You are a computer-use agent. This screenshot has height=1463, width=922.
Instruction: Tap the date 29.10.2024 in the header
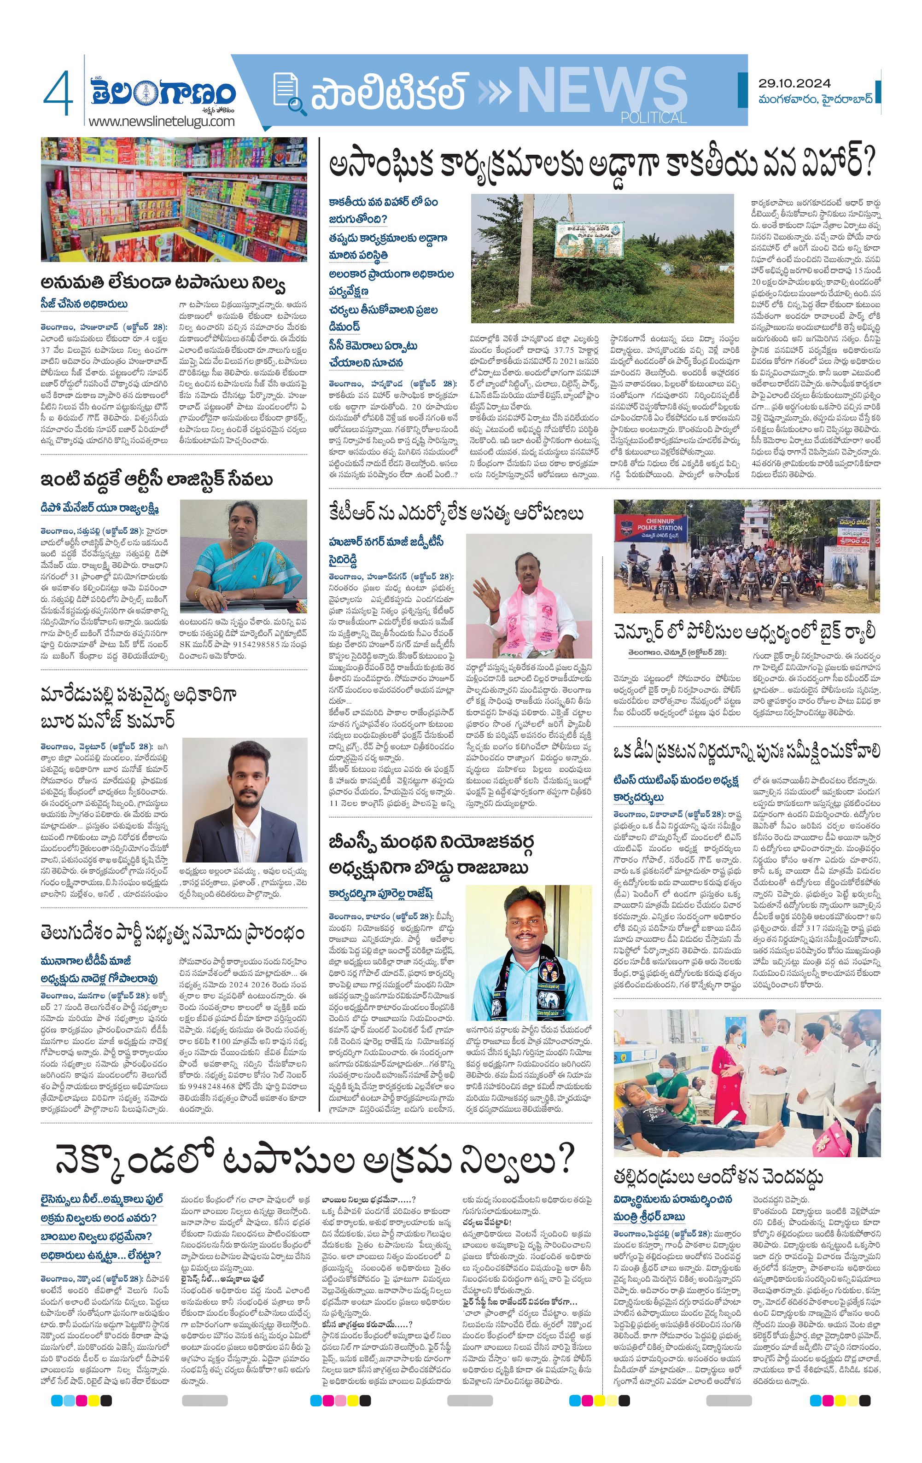click(x=794, y=83)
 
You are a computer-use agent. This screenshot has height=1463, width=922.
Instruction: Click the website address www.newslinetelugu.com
click(x=161, y=121)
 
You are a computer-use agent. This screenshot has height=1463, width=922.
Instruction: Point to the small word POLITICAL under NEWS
click(x=654, y=117)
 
